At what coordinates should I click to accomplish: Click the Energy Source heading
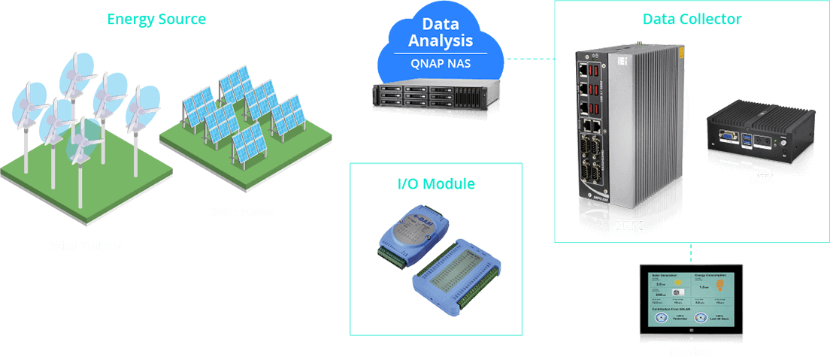156,19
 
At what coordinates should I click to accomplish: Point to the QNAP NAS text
441,63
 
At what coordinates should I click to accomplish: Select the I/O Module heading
436,184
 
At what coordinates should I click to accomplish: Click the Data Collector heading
692,19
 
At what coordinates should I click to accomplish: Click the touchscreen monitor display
690,301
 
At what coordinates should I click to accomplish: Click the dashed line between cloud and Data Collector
529,57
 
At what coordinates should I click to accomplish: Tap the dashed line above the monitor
691,253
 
